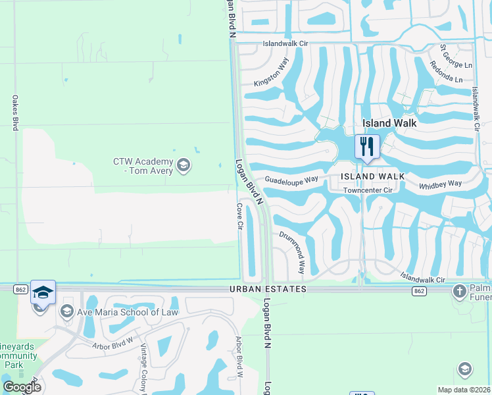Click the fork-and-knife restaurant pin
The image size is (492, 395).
[x=367, y=146]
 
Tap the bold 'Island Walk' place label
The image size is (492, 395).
[x=390, y=123]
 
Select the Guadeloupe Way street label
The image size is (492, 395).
[x=291, y=179]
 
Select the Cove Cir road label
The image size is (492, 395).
[x=240, y=216]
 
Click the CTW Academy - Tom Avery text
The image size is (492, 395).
[x=143, y=167]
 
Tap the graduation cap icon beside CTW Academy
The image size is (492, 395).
[x=184, y=165]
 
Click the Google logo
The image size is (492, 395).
[x=22, y=388]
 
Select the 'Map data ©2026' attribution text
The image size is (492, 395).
[x=464, y=390]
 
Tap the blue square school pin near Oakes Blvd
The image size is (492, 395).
[x=43, y=293]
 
